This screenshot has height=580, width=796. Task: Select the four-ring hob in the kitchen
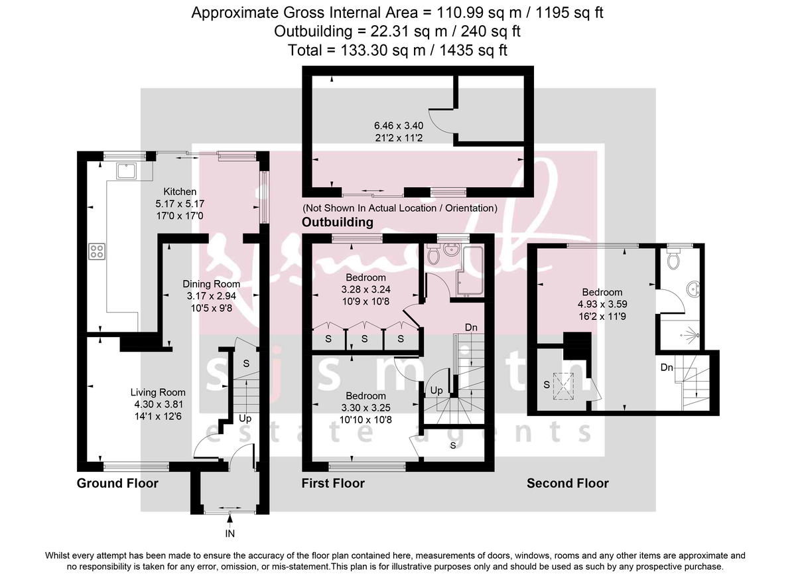tap(96, 251)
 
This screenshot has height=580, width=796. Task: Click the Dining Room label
tap(211, 284)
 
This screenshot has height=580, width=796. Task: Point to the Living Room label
tap(158, 392)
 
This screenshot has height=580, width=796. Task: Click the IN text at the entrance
tap(230, 533)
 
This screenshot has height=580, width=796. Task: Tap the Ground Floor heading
tap(117, 483)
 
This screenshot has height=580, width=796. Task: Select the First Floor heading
tap(333, 483)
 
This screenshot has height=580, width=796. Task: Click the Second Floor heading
tap(567, 483)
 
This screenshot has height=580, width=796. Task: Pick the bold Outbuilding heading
tap(337, 222)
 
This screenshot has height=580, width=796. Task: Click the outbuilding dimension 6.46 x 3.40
tap(401, 124)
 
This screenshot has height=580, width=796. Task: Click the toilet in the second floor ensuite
tap(675, 259)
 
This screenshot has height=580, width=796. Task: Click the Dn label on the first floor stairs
tap(470, 327)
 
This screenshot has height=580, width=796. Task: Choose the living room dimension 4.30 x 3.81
tap(158, 403)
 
